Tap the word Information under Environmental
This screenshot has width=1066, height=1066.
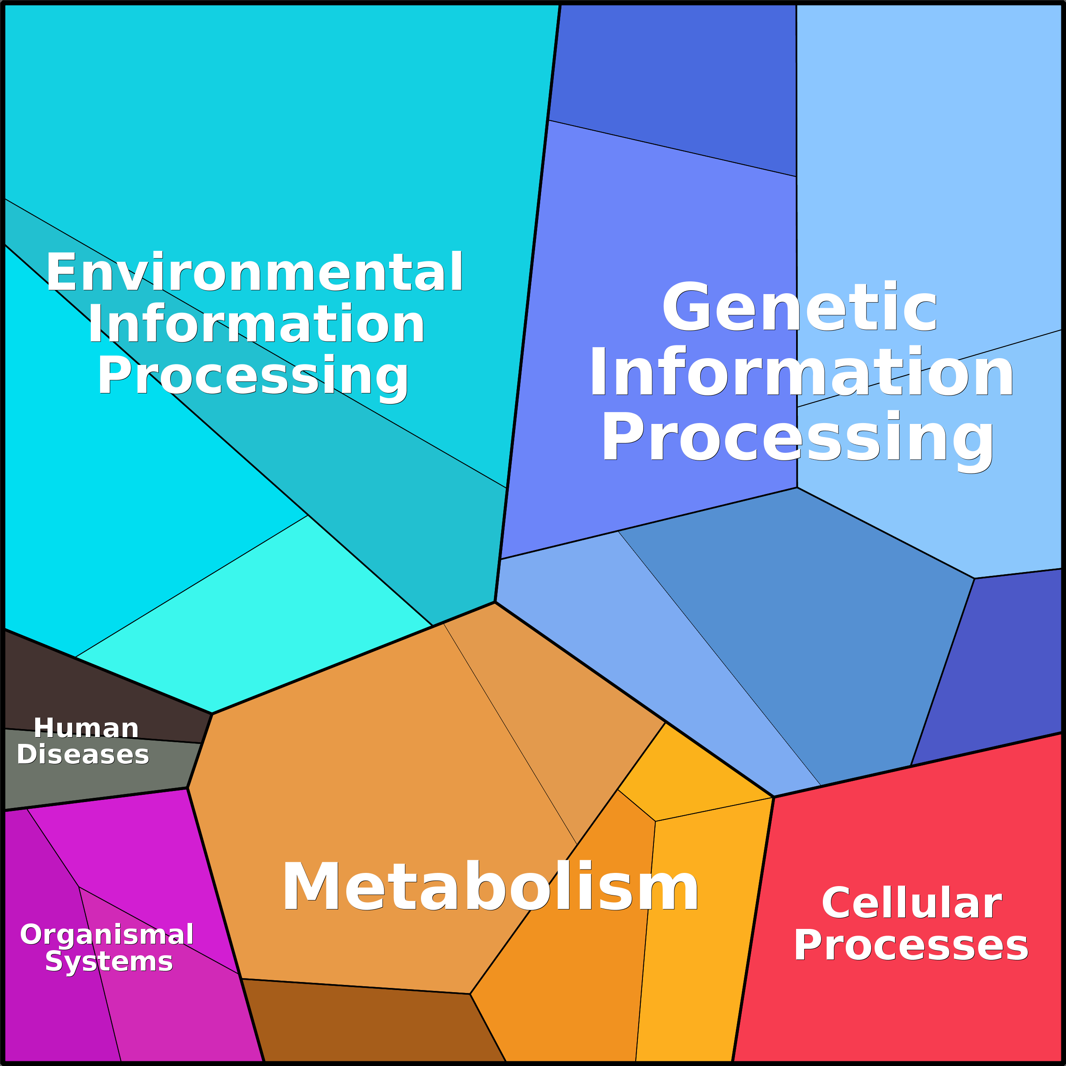(x=256, y=324)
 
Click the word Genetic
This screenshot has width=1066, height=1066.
(x=799, y=308)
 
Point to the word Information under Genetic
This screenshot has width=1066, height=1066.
(x=801, y=373)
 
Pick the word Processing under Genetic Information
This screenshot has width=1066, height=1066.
(x=798, y=438)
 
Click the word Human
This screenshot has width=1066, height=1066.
(x=86, y=728)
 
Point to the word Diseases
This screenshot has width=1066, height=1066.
(x=83, y=754)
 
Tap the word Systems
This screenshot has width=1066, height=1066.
(x=109, y=961)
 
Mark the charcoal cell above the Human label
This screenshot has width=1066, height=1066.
(x=83, y=690)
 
